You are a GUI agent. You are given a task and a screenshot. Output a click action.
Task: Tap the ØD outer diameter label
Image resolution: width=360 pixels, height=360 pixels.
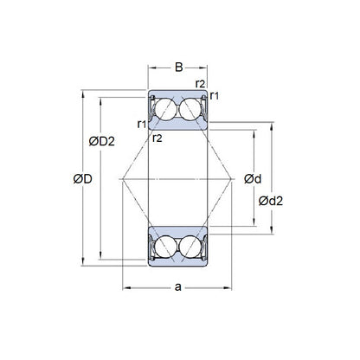coord(84,179)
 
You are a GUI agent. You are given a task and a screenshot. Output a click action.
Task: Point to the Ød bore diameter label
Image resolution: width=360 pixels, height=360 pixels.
coord(254,179)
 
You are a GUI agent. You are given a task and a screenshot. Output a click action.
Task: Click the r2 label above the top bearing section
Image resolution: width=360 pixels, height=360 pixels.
coord(200,83)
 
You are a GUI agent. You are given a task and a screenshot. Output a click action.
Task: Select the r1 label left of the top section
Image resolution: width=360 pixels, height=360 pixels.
coord(141,124)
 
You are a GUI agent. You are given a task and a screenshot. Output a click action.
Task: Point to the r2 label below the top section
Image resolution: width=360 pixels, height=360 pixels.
coord(157,137)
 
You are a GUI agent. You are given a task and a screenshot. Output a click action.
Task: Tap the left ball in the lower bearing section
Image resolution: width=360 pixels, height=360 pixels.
coord(167,247)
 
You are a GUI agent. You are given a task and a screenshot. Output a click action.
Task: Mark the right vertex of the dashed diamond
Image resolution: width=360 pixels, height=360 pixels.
coord(235,177)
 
